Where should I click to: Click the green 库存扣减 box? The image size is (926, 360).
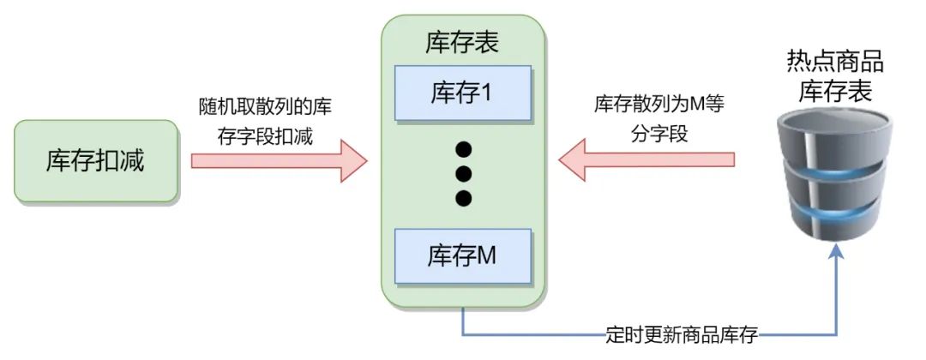tap(95, 161)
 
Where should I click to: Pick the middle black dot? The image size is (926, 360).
tap(463, 174)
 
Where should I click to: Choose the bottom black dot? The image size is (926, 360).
tap(463, 199)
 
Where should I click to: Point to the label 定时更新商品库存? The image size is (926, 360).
tap(677, 334)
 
